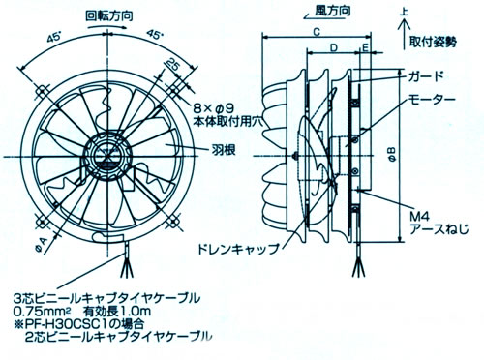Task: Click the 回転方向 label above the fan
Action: (x=108, y=15)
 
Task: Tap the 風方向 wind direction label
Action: (x=333, y=11)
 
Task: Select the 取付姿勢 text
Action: (x=433, y=42)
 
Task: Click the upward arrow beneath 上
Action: (x=404, y=34)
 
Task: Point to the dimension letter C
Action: (x=317, y=32)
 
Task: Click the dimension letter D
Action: (x=334, y=47)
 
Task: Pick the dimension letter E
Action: (x=365, y=47)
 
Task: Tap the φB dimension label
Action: (x=391, y=154)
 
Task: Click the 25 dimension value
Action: (x=173, y=66)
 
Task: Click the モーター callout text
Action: (x=432, y=98)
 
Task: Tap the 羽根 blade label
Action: (x=224, y=150)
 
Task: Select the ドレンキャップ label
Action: (x=238, y=249)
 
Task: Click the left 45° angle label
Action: (x=54, y=39)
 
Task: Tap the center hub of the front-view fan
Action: (x=106, y=157)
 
